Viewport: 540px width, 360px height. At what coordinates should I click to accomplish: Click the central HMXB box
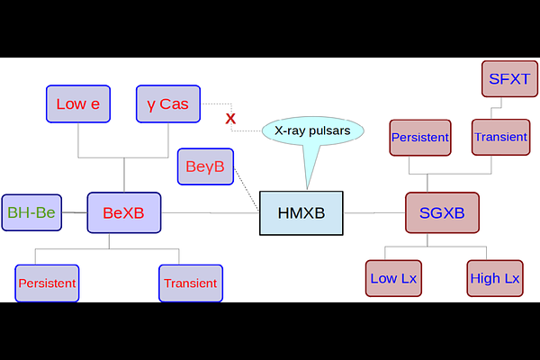tap(301, 213)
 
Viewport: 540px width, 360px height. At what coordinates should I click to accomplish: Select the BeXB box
tap(124, 212)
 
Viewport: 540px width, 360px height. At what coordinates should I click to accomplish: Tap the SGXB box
tap(442, 212)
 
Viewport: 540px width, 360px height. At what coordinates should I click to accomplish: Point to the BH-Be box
tap(31, 212)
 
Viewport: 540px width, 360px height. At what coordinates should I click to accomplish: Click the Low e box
tap(78, 103)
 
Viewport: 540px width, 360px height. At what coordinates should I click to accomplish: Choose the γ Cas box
tap(168, 103)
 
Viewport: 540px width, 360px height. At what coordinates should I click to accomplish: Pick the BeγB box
tap(205, 166)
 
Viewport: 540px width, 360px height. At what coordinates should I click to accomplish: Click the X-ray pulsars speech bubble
tap(312, 130)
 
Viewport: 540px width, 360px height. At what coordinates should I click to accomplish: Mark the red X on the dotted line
tap(230, 119)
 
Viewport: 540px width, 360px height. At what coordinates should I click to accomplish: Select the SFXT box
tap(509, 79)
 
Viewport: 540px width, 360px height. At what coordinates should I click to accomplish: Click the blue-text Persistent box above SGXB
tap(420, 138)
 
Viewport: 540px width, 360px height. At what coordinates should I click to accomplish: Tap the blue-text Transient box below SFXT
tap(500, 137)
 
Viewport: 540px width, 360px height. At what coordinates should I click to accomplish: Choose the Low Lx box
tap(393, 278)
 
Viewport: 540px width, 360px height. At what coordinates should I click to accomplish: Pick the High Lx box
tap(495, 278)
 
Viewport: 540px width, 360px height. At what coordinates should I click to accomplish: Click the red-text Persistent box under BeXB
tap(47, 283)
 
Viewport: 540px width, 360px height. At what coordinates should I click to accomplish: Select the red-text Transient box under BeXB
tap(191, 283)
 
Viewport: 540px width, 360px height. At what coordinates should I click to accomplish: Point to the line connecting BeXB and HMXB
tap(210, 213)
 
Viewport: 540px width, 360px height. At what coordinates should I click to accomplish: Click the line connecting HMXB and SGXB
tap(374, 213)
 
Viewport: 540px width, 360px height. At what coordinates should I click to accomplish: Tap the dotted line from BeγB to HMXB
tap(247, 190)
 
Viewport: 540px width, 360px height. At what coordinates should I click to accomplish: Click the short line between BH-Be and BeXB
tap(75, 212)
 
